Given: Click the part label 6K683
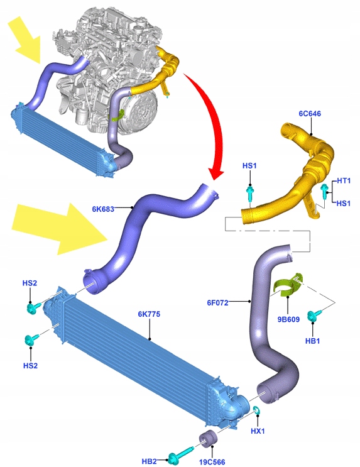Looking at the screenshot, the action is point(103,209).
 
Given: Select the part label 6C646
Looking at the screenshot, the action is point(310,114).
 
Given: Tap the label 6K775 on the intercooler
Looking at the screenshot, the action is point(149,314).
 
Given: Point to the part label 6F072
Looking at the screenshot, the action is point(217,302).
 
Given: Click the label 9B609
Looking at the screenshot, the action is point(288,319).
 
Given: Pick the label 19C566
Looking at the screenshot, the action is point(212,462).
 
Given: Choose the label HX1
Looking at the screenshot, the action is point(258,431).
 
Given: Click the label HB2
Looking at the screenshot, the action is point(149,461).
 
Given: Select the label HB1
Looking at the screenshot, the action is point(313,341).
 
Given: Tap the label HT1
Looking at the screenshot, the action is point(344,180).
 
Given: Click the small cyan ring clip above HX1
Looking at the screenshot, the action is point(257,410).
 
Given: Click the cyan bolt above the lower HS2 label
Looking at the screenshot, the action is point(32,339).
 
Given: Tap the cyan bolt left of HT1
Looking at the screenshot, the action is point(324,191).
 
